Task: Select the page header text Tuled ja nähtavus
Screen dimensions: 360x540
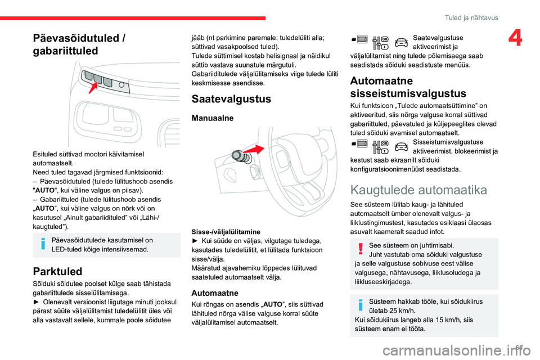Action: coord(472,17)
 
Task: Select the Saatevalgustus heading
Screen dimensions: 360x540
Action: coord(232,99)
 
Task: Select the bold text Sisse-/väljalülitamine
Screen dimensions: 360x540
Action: coord(226,231)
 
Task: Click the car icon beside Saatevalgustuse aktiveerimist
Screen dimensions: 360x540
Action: coord(400,42)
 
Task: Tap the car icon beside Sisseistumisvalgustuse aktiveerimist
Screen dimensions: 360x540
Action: coord(400,146)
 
